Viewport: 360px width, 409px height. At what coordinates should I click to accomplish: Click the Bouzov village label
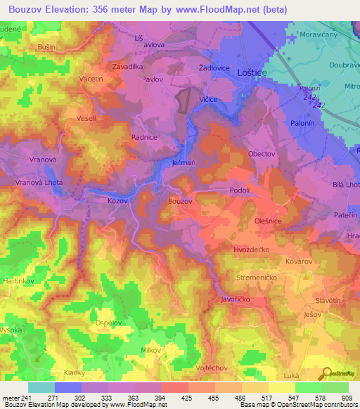tap(180, 201)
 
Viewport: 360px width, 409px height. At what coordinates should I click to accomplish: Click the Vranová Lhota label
tap(34, 182)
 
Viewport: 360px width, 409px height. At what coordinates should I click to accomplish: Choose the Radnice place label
tap(143, 138)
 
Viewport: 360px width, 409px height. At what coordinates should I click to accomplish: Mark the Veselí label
tap(86, 118)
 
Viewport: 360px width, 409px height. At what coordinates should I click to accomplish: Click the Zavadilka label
tap(129, 67)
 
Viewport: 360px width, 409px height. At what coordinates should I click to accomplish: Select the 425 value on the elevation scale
tap(178, 398)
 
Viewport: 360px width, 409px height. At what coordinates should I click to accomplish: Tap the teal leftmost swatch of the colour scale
tap(41, 387)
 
